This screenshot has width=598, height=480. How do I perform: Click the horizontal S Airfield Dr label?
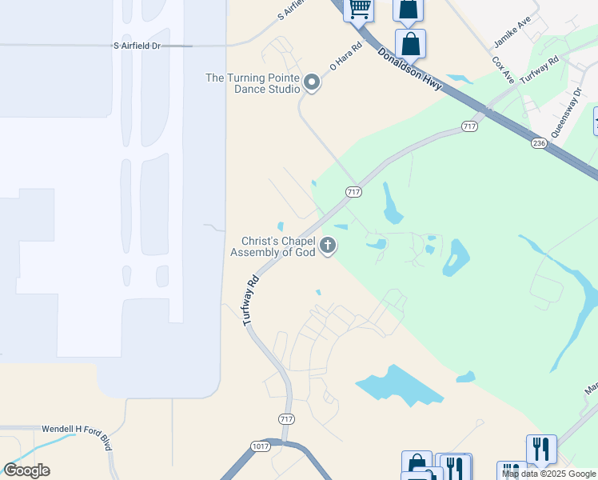[x=138, y=46]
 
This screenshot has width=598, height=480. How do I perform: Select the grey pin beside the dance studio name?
[x=313, y=83]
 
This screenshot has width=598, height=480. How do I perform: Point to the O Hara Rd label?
[x=345, y=58]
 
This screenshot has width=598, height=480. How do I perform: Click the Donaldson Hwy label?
[x=409, y=70]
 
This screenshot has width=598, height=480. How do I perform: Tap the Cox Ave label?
[x=502, y=69]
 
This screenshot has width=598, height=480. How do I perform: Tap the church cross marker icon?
[x=328, y=246]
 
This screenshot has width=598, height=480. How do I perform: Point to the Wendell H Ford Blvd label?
[x=74, y=430]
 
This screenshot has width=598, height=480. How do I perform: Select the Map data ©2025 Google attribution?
[x=549, y=474]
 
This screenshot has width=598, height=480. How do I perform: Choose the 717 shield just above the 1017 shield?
[x=287, y=419]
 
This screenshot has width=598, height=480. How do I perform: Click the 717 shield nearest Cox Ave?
[x=469, y=127]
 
